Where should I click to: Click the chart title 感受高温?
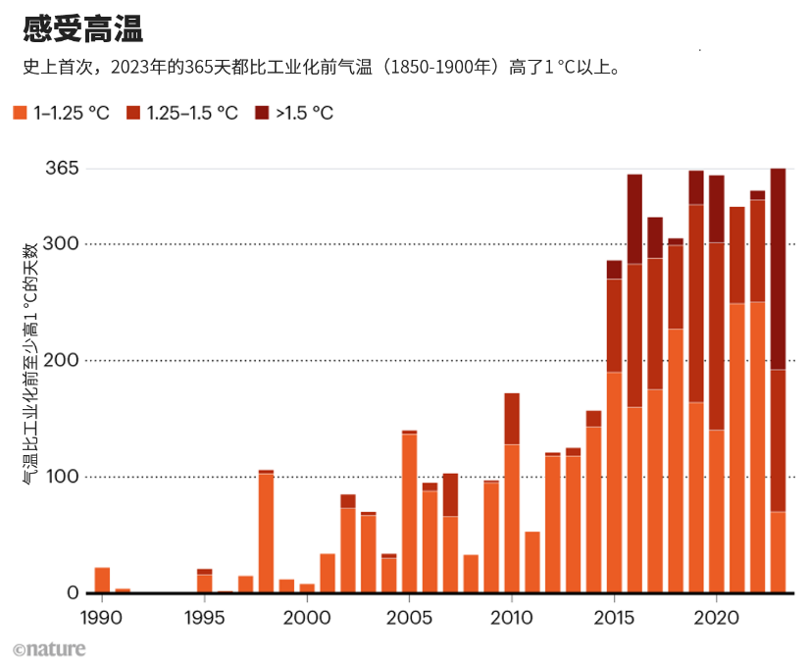(83, 29)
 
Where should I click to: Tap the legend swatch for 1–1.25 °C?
(20, 113)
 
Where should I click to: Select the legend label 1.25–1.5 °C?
(191, 113)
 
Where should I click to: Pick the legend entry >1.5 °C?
(304, 113)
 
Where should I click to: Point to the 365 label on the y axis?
(62, 168)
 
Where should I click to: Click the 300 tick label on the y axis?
(63, 243)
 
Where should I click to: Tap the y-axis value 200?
(63, 360)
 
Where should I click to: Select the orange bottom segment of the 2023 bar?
(778, 552)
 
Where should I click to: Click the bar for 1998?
(266, 534)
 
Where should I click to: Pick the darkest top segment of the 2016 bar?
(634, 219)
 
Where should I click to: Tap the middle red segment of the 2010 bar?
(512, 419)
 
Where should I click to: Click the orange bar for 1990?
(102, 581)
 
